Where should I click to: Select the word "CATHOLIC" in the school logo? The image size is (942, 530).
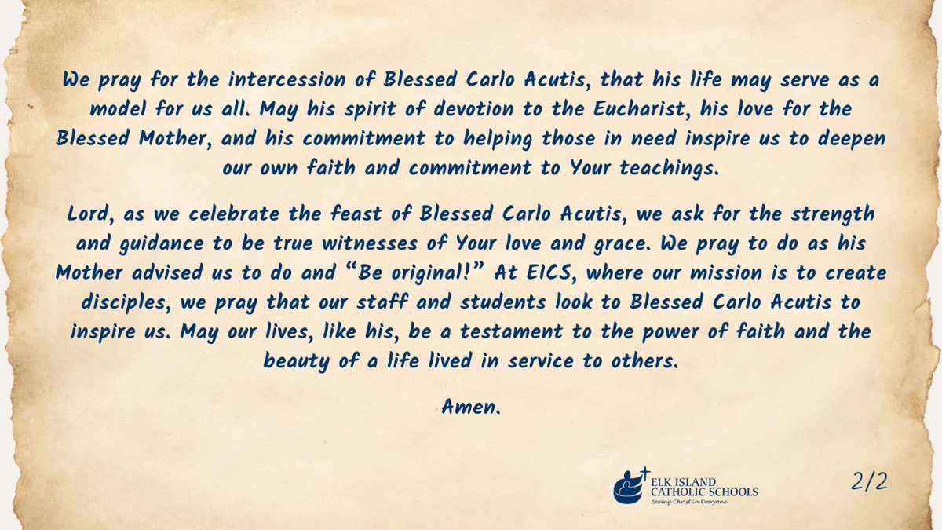(680, 492)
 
